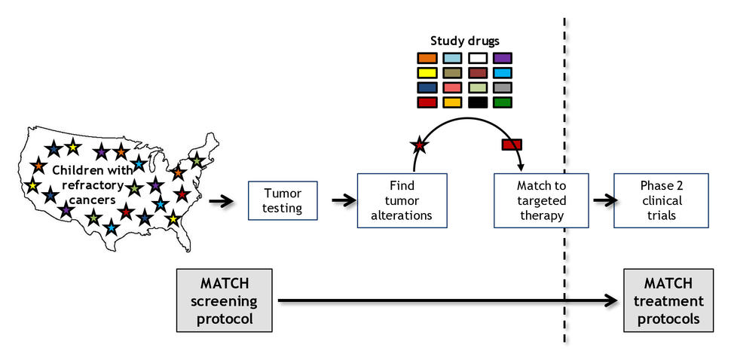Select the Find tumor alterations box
(x=402, y=200)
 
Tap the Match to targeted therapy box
(x=540, y=200)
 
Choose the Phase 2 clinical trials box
(x=661, y=200)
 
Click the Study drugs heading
(x=465, y=41)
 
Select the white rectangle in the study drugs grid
(x=477, y=58)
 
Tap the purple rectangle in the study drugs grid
(x=503, y=58)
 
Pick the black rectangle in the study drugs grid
(x=477, y=102)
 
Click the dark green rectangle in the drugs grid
(x=503, y=102)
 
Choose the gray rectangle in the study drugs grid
(x=503, y=87)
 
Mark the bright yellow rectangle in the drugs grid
(x=427, y=73)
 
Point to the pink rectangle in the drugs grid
(x=452, y=87)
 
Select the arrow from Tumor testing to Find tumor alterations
(x=343, y=200)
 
